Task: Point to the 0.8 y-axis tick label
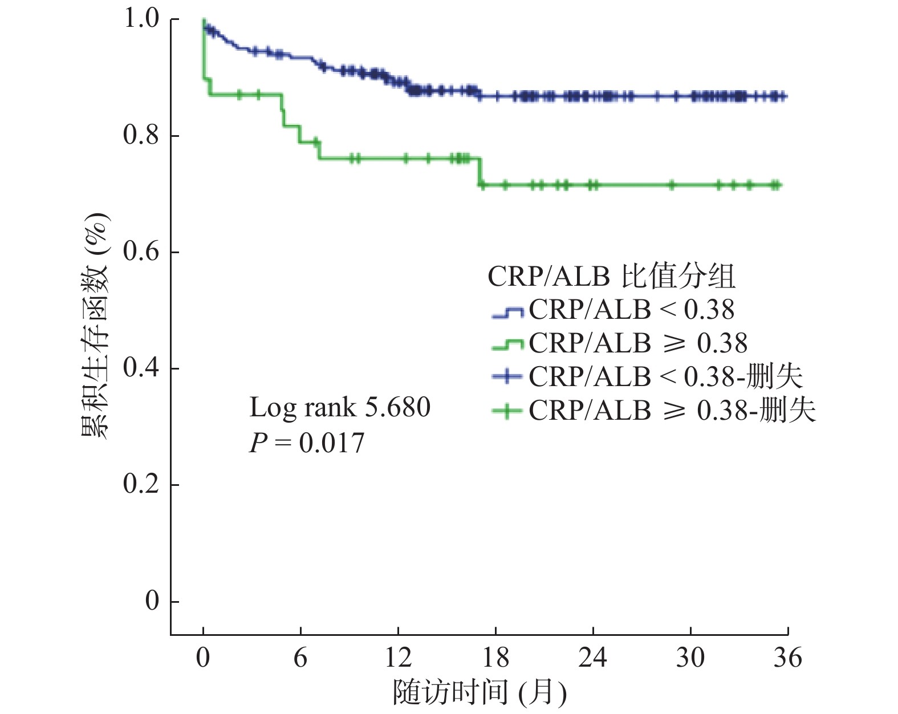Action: [x=141, y=136]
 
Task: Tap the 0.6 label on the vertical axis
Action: [x=141, y=252]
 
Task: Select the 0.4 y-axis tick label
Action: [x=141, y=368]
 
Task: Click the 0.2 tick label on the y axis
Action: [x=141, y=485]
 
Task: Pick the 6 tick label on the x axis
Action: [x=300, y=658]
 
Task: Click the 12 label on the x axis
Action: [x=398, y=658]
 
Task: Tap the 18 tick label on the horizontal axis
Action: [x=495, y=658]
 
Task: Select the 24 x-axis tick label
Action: [x=593, y=658]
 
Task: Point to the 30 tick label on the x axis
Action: [x=690, y=658]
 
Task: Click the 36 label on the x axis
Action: [x=788, y=658]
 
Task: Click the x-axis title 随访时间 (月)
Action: [x=480, y=692]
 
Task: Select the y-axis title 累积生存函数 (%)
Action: [x=95, y=326]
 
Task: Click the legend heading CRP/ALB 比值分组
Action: [x=611, y=277]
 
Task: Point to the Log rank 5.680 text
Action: [x=340, y=408]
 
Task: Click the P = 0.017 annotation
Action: [x=307, y=443]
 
